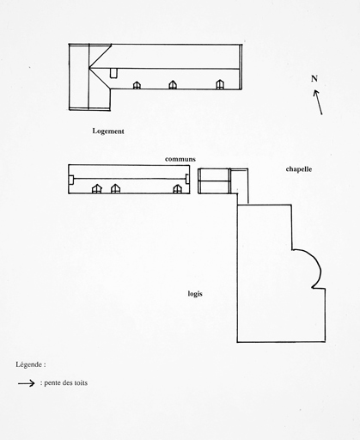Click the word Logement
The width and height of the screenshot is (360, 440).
(x=108, y=131)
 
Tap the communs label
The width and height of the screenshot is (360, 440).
(x=180, y=159)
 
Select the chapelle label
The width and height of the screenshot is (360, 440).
(x=299, y=169)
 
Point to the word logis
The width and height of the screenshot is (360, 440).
(x=195, y=294)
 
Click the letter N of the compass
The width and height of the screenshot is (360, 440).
(x=314, y=78)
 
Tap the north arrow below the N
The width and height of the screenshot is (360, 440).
(x=318, y=102)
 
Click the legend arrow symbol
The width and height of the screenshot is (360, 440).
(x=27, y=383)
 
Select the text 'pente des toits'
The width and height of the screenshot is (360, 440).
(x=65, y=383)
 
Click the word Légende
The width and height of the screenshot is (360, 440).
(x=29, y=364)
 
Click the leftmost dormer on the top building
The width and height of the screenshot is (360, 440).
(x=137, y=85)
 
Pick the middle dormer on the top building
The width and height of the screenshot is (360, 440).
(x=173, y=85)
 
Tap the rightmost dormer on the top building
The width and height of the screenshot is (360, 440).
(x=220, y=84)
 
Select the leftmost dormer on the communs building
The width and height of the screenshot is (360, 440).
(x=97, y=189)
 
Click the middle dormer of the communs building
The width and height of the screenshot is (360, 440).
(x=115, y=189)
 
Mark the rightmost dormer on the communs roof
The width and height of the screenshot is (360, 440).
(x=177, y=189)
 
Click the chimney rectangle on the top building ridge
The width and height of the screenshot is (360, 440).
(x=113, y=73)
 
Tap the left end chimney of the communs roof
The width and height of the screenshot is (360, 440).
(x=71, y=179)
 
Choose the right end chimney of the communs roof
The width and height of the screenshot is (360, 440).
(x=187, y=179)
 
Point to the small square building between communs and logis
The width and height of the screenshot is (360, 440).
(x=214, y=181)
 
